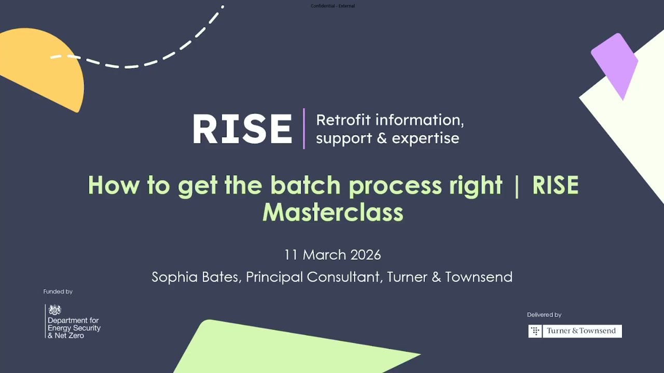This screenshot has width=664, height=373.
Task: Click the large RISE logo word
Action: pyautogui.click(x=242, y=129)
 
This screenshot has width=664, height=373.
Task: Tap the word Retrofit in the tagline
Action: pyautogui.click(x=343, y=120)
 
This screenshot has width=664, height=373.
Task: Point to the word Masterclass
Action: pyautogui.click(x=333, y=212)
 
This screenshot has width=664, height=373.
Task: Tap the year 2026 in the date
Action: pyautogui.click(x=366, y=255)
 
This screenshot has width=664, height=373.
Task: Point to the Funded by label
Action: pyautogui.click(x=58, y=292)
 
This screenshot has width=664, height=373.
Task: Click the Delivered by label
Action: pyautogui.click(x=544, y=314)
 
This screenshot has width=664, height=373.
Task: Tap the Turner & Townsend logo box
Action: pyautogui.click(x=575, y=331)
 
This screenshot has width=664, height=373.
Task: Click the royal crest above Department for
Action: pyautogui.click(x=54, y=310)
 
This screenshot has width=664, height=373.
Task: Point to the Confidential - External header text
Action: pyautogui.click(x=333, y=6)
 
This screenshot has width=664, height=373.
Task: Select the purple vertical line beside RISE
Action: pyautogui.click(x=304, y=128)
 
